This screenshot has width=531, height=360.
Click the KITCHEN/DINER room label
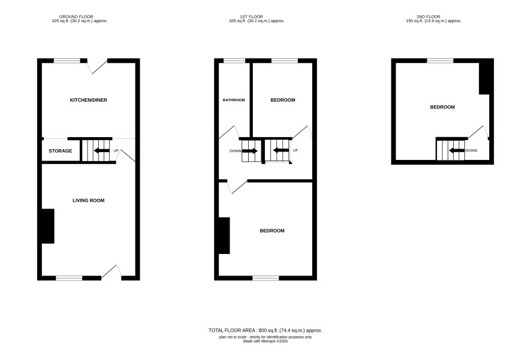click(x=88, y=100)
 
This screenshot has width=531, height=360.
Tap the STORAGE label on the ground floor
click(x=61, y=151)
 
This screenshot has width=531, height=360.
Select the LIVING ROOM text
click(x=88, y=200)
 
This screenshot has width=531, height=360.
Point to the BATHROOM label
click(x=234, y=100)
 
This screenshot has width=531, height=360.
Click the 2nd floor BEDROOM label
click(x=442, y=107)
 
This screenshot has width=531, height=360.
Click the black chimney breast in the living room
click(x=48, y=226)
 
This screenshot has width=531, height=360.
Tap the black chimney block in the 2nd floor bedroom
click(x=484, y=78)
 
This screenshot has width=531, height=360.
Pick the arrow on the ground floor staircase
click(x=102, y=150)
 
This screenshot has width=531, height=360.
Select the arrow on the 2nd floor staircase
click(x=457, y=150)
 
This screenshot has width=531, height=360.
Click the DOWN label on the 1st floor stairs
click(x=236, y=151)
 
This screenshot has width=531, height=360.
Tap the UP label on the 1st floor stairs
click(x=295, y=150)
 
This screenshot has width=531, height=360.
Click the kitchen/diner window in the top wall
click(x=67, y=61)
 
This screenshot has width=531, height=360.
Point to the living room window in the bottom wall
click(x=69, y=278)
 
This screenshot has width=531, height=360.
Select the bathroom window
click(x=234, y=61)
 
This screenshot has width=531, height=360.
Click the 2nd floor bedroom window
click(x=440, y=61)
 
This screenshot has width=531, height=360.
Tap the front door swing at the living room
click(x=111, y=272)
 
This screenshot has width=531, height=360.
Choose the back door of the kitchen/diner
click(x=98, y=66)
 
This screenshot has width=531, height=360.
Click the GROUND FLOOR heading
click(x=76, y=17)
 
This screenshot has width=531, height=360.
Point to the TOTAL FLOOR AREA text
click(x=265, y=331)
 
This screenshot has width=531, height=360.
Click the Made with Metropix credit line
click(x=265, y=341)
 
